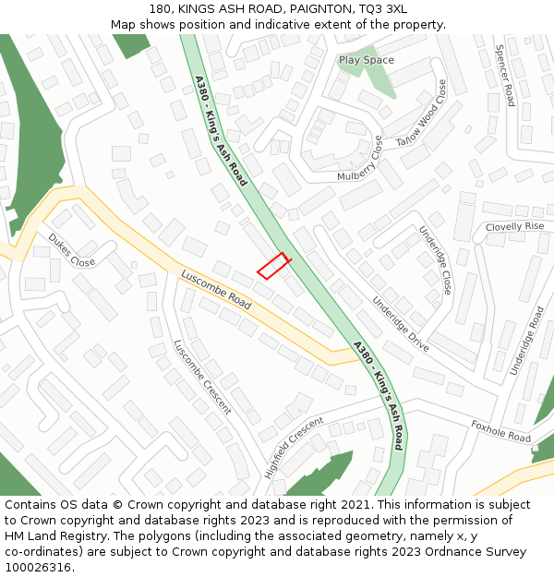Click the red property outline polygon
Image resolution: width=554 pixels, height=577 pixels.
point(273,266)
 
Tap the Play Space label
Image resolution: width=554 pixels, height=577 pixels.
point(366,60)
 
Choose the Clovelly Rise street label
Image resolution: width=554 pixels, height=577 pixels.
point(515,226)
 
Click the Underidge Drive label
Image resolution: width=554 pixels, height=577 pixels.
point(401,323)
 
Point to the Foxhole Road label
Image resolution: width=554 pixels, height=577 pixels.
point(501,431)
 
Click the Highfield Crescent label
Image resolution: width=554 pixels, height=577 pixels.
point(295,447)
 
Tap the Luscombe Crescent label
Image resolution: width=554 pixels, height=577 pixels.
point(202,377)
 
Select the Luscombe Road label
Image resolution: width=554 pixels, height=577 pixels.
point(216,289)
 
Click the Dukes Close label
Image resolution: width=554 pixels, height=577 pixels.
point(71,250)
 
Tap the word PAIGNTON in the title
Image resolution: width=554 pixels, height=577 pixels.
point(313,9)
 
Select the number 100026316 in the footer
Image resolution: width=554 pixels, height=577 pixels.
point(37,568)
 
